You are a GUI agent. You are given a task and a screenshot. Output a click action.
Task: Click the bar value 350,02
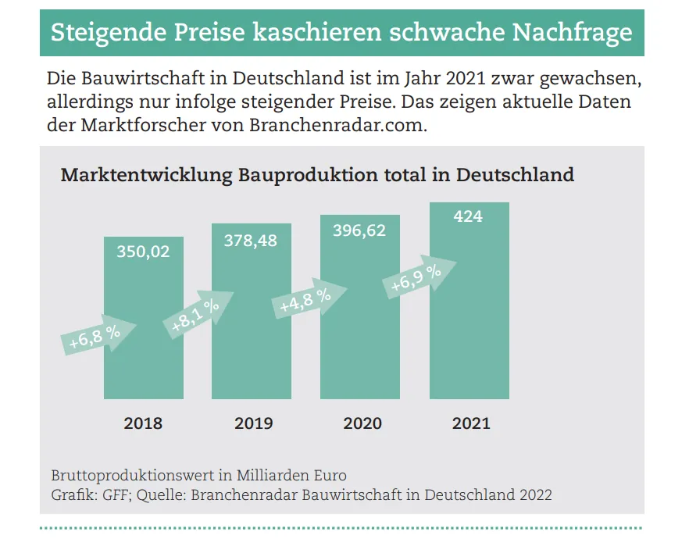point(143,252)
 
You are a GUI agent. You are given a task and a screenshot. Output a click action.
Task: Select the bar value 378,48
point(251,241)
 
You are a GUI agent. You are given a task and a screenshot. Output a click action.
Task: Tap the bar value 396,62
point(359,230)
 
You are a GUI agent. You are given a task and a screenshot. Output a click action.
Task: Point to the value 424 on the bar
point(468,216)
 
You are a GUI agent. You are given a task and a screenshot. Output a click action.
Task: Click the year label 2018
point(143,423)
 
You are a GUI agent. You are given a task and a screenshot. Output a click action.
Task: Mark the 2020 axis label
point(362,423)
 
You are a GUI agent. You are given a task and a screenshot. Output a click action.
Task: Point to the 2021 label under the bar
point(471,423)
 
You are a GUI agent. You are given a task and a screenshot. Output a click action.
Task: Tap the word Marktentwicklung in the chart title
point(146,174)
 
